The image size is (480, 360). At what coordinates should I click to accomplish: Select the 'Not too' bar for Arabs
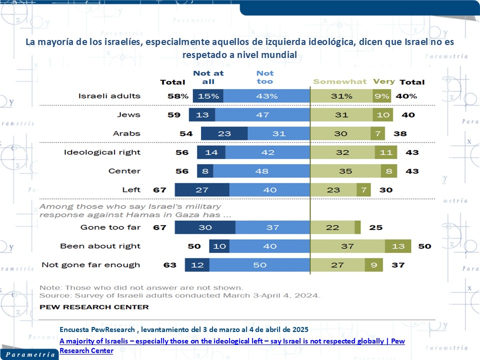click(278, 133)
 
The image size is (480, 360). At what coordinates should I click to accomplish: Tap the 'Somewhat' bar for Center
click(342, 171)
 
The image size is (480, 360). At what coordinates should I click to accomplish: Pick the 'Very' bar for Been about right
click(398, 246)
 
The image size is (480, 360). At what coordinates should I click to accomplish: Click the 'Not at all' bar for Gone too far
click(205, 227)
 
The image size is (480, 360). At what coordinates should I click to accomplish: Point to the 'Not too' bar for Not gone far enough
click(260, 265)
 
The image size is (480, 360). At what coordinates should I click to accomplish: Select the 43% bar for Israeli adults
click(266, 96)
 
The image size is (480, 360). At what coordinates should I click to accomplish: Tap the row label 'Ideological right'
click(102, 152)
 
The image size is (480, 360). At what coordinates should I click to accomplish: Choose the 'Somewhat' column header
click(339, 81)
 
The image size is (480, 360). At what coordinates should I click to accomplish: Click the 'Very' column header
click(383, 81)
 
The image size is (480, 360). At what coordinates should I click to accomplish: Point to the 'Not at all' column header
click(208, 77)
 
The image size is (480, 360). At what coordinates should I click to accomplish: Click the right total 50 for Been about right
click(424, 246)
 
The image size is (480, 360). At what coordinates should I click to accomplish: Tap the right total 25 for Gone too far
click(376, 227)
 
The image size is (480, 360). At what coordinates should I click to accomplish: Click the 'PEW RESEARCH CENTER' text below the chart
click(94, 307)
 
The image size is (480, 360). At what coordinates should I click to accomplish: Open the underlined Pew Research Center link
click(232, 345)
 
